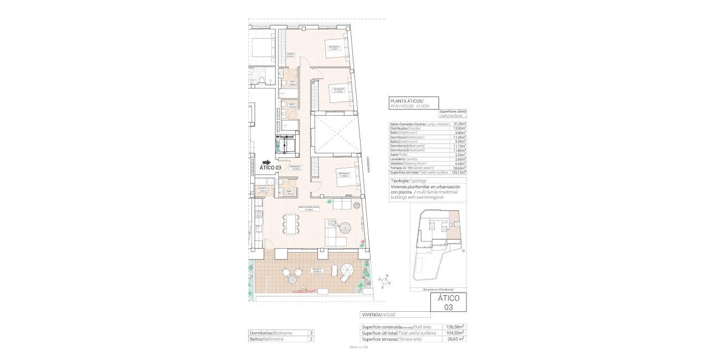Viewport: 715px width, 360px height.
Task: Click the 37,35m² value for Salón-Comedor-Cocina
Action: pos(458,124)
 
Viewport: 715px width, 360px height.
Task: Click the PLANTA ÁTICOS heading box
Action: pos(414,102)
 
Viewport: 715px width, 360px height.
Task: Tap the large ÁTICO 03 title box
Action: pos(449,302)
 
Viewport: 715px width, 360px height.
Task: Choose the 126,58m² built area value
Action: pos(455,327)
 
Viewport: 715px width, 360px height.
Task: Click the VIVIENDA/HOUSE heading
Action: pos(378,315)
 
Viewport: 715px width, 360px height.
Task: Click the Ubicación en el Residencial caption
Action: pos(438,290)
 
